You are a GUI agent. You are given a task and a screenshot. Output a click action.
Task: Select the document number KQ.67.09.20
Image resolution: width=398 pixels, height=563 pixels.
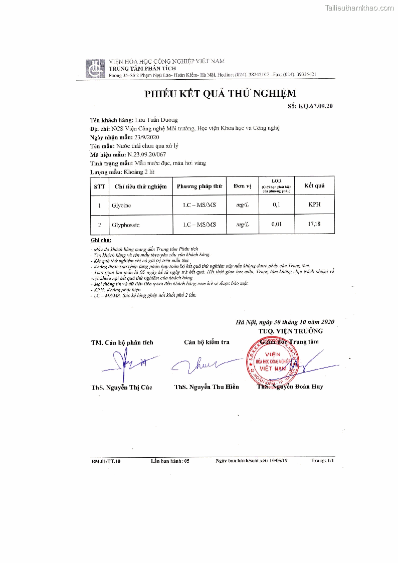315,106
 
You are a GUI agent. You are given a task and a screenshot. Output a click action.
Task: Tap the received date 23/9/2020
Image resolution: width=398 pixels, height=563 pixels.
147,137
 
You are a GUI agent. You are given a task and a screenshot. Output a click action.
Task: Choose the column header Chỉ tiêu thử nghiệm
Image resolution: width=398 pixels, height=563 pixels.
140,186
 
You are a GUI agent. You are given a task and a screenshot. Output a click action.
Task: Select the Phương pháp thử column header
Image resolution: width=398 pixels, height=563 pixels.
199,186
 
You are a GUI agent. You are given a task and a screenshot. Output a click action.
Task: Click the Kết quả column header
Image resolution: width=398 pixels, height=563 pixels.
314,185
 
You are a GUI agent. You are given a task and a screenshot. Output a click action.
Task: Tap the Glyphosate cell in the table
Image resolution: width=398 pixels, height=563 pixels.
125,225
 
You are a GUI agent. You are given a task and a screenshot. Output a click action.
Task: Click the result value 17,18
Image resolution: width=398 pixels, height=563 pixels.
314,224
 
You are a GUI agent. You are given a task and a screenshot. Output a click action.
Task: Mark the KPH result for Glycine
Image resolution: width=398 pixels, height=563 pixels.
314,205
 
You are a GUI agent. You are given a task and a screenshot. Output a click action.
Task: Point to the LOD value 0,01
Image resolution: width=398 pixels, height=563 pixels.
276,224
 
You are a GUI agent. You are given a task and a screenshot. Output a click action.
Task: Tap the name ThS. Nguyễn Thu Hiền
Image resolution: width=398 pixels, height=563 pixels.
207,387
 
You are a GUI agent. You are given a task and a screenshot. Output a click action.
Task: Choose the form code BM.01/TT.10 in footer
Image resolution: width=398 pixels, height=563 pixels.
106,460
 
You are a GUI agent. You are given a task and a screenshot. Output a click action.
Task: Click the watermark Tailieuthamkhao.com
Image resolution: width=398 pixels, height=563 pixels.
359,8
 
